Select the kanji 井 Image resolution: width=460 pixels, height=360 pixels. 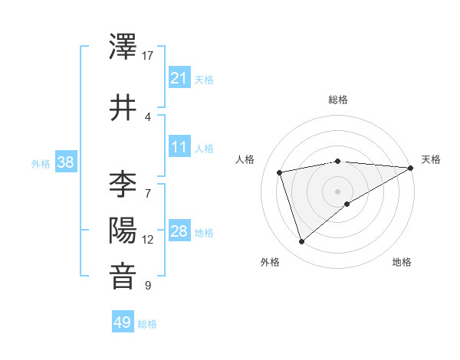point(123,108)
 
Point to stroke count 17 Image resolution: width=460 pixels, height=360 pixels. point(148,56)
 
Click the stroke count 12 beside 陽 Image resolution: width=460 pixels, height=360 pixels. point(148,240)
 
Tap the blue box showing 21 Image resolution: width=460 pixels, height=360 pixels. point(179,78)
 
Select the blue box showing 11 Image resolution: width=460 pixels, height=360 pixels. point(179,148)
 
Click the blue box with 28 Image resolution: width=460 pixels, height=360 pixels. point(179,232)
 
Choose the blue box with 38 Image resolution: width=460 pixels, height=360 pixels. point(65,162)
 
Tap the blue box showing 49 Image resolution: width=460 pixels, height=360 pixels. point(123,322)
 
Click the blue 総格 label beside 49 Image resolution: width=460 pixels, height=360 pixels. point(147,324)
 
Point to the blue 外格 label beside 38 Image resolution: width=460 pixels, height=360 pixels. point(41,163)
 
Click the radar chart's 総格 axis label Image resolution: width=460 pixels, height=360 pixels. point(338,100)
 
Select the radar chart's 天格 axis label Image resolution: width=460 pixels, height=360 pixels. point(431,159)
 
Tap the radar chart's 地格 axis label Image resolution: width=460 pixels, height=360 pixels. point(402,263)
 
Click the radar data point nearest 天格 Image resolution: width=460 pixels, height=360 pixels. point(411,168)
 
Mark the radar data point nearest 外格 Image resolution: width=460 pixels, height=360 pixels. point(301,242)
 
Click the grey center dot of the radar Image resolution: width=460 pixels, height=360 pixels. point(338,191)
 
